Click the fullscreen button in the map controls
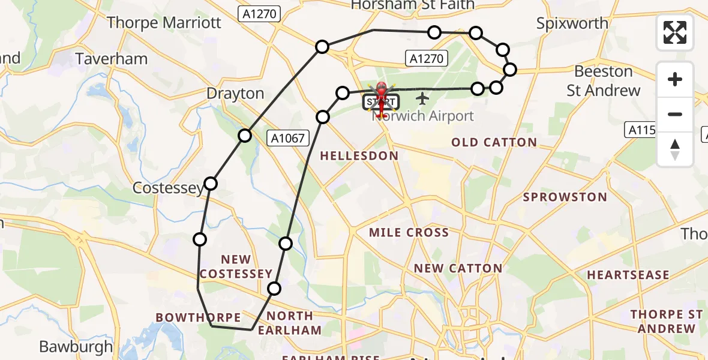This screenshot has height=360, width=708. (x=675, y=32)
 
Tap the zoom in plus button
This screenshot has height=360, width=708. (x=675, y=79)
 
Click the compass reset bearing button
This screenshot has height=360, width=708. (x=675, y=150)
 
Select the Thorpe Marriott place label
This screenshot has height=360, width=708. (x=164, y=23)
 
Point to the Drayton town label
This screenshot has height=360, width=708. (x=235, y=94)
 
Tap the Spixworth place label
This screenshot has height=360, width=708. (x=572, y=23)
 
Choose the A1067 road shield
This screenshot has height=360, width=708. (x=289, y=139)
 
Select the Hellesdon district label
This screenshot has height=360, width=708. (x=359, y=156)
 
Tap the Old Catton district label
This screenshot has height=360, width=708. (x=494, y=142)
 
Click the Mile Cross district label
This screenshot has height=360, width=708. (x=409, y=232)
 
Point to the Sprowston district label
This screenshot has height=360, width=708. (x=565, y=197)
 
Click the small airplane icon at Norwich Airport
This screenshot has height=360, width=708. (x=422, y=97)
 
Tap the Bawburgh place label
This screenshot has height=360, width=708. (x=76, y=346)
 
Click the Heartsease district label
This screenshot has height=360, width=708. (x=628, y=275)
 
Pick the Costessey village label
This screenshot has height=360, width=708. (x=167, y=188)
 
